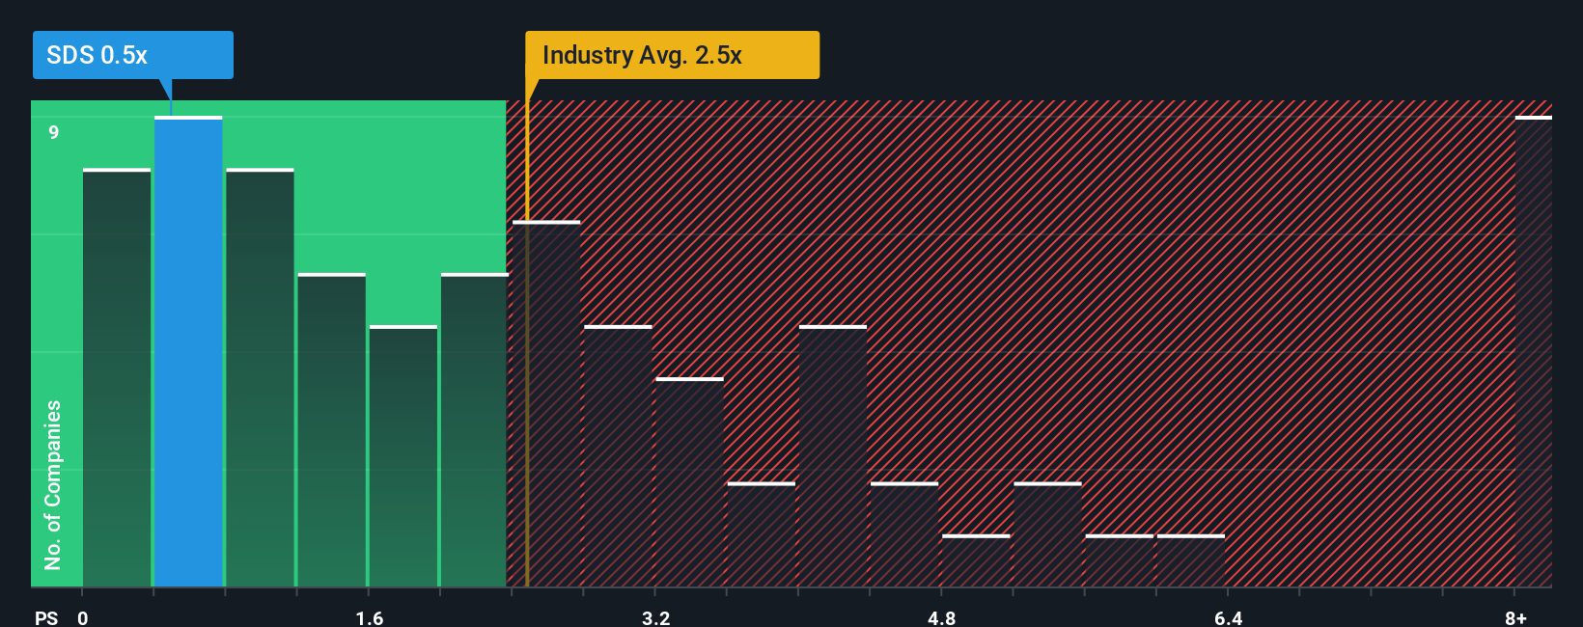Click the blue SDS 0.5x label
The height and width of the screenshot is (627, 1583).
click(132, 55)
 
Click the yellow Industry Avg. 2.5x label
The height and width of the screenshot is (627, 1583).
click(672, 55)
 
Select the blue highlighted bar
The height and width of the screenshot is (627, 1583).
click(188, 352)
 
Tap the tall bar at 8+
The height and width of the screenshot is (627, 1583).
click(1533, 352)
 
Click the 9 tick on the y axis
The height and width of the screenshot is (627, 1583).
click(54, 132)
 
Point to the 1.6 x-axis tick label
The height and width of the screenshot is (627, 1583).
click(369, 617)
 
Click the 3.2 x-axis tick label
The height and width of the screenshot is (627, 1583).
click(655, 617)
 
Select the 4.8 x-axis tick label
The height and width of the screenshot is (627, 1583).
click(941, 617)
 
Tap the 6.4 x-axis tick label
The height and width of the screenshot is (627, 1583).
click(1228, 617)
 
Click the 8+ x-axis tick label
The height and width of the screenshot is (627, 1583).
click(1515, 617)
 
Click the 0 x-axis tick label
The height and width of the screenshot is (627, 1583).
click(83, 617)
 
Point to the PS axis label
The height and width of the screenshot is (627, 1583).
click(46, 617)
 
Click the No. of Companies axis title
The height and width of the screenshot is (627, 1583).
click(53, 484)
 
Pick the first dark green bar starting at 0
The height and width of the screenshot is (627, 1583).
click(117, 378)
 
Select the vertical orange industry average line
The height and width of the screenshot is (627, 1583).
click(527, 386)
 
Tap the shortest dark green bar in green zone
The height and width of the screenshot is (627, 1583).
click(403, 456)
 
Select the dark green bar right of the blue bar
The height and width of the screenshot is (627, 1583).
click(260, 378)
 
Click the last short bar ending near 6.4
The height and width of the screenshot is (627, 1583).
click(1190, 561)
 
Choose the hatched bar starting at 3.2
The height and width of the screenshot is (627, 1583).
click(689, 482)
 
